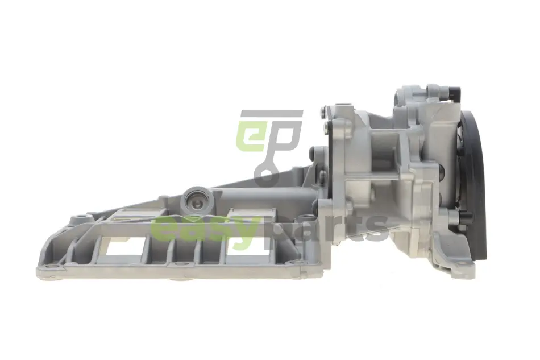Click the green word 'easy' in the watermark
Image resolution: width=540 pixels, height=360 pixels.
coord(207,229)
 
